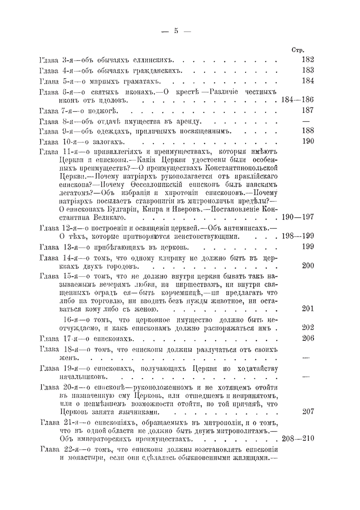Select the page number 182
307,60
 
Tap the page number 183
307,70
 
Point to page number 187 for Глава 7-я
307,110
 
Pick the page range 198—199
297,236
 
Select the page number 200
307,266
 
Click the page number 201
307,308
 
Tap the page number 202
307,328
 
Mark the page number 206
307,338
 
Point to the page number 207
307,411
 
